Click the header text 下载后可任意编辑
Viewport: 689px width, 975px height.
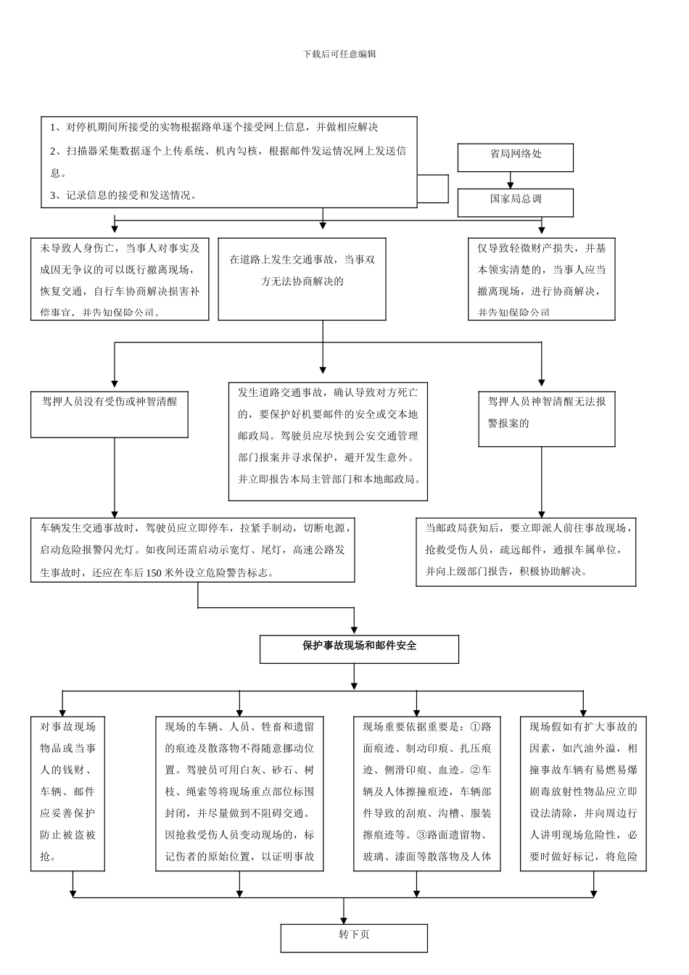click(x=339, y=54)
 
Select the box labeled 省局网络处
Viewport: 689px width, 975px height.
click(x=515, y=157)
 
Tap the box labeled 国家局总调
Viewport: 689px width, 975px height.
click(x=515, y=202)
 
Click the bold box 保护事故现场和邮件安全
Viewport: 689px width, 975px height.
click(x=359, y=649)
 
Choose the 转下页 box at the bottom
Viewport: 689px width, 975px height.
click(x=354, y=937)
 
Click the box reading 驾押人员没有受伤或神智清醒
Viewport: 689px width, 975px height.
click(x=110, y=414)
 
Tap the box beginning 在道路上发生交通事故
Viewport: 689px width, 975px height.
click(x=302, y=279)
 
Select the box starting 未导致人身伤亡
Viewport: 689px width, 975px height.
click(x=120, y=279)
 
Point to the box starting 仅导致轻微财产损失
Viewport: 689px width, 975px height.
click(x=541, y=279)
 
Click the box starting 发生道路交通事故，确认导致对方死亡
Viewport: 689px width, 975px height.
click(x=328, y=441)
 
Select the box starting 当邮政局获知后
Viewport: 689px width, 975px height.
click(x=525, y=551)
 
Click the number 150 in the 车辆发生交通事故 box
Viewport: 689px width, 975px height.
click(x=154, y=572)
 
